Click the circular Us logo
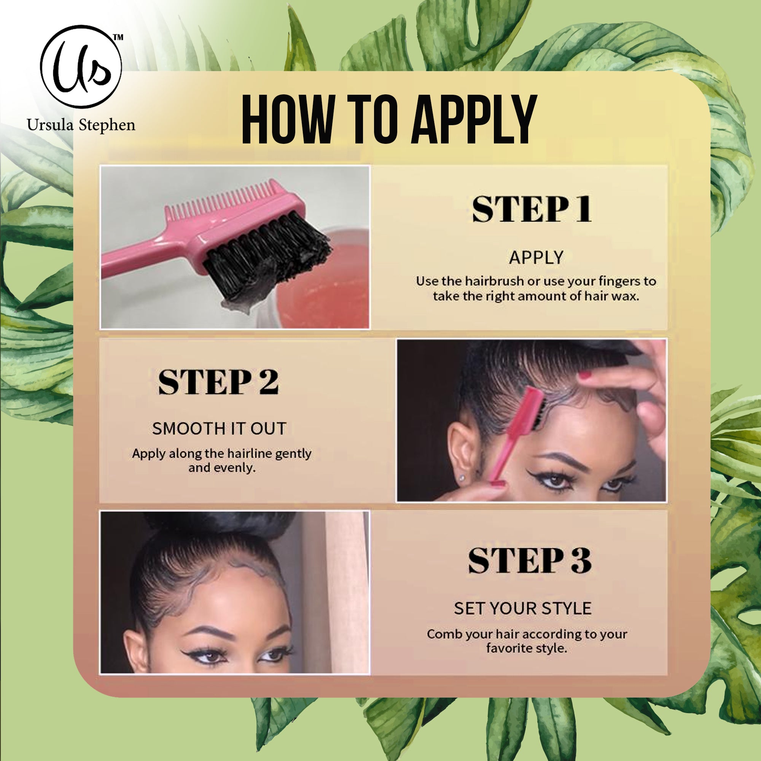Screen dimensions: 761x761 pyautogui.click(x=81, y=66)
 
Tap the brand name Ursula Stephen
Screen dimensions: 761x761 pyautogui.click(x=81, y=125)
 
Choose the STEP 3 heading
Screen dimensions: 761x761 pyautogui.click(x=529, y=560)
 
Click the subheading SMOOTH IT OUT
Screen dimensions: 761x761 pyautogui.click(x=219, y=428)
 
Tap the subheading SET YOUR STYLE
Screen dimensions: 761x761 pyautogui.click(x=522, y=608)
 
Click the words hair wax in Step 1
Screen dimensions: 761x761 pyautogui.click(x=611, y=296)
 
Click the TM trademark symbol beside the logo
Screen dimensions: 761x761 pyautogui.click(x=118, y=38)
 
